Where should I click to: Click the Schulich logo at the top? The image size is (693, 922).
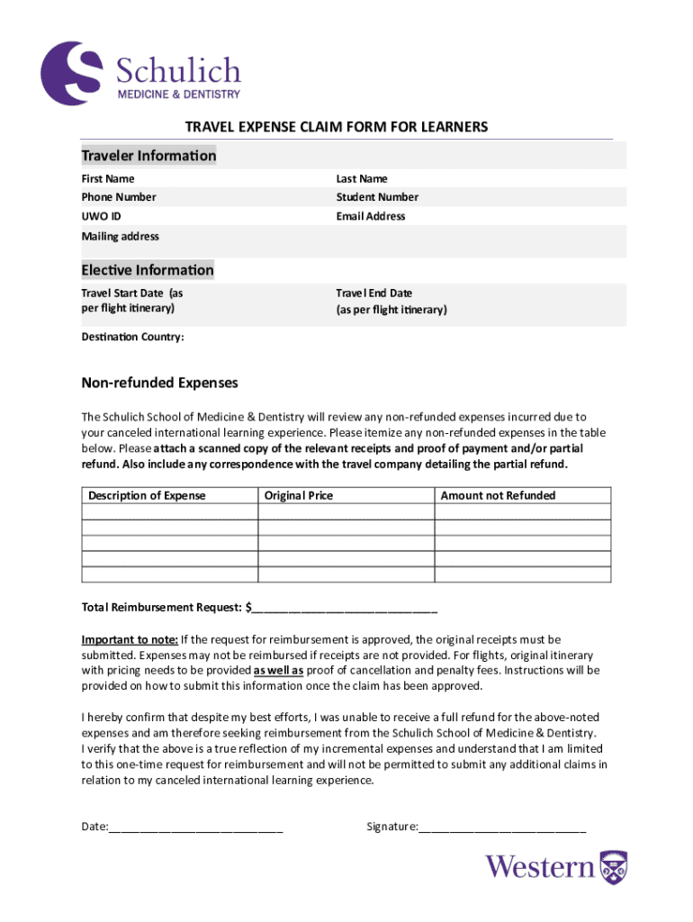141,71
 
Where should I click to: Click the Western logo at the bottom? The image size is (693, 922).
556,866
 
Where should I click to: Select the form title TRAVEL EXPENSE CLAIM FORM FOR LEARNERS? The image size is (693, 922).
337,127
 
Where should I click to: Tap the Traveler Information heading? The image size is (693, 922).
148,156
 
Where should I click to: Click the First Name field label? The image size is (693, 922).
108,178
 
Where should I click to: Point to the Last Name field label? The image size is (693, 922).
362,178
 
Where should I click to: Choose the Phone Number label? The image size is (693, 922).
119,197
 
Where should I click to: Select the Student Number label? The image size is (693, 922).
377,197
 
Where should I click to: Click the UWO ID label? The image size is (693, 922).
101,216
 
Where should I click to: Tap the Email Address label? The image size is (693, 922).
371,216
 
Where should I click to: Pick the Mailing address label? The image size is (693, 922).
121,236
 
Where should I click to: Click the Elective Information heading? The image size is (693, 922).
148,270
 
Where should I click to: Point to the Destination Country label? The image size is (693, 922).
132,337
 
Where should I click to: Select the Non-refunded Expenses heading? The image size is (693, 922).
160,383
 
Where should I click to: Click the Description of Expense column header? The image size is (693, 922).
147,495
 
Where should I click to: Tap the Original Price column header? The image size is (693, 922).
299,495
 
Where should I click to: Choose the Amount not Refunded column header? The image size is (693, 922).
498,495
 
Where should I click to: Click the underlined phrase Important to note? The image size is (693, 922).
130,639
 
